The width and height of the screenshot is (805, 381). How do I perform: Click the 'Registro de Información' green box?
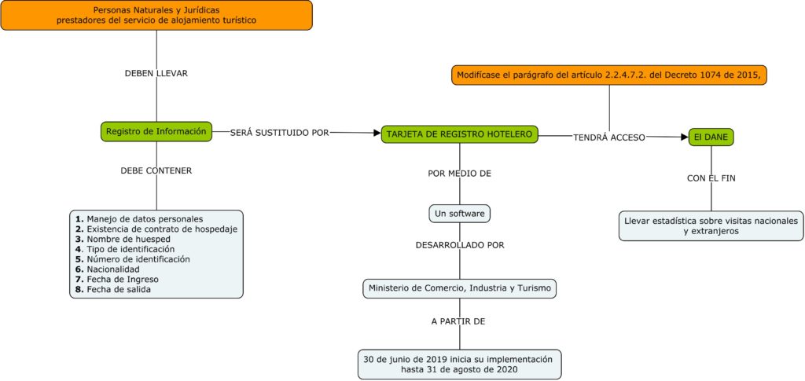point(156,131)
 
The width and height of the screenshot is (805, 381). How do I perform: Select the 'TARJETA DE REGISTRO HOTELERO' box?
point(460,134)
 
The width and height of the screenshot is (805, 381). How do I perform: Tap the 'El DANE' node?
point(711,137)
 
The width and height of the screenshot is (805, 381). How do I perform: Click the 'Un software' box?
point(460,213)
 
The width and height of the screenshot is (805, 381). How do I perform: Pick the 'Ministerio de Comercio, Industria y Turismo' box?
point(460,288)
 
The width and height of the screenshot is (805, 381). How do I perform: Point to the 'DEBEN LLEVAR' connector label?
point(156,73)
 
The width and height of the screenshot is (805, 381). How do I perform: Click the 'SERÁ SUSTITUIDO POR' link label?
point(279,133)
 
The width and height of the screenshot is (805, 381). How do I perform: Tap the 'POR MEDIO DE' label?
point(460,173)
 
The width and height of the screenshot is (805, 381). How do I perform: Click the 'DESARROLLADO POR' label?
point(460,245)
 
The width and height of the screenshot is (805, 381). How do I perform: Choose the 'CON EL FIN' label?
point(711,178)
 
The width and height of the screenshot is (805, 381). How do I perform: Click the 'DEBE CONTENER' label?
point(156,170)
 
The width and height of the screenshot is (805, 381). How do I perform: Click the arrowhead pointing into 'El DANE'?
point(683,137)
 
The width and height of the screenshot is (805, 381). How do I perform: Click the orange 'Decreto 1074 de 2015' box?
point(608,75)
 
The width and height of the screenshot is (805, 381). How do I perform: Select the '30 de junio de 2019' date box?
point(459,364)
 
